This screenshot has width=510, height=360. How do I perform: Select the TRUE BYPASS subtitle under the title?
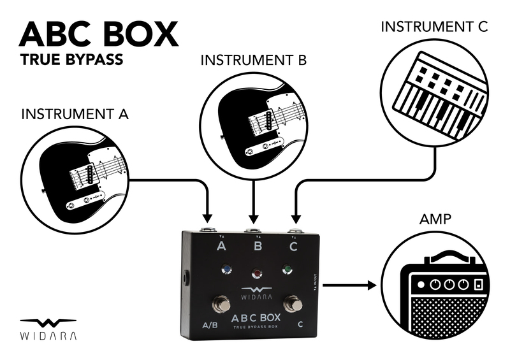[71, 61]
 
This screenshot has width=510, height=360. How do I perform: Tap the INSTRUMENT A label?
[75, 115]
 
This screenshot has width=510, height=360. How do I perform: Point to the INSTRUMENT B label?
[254, 61]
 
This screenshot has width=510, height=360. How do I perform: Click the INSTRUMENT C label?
[433, 27]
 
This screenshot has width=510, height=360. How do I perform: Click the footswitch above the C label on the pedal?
[293, 303]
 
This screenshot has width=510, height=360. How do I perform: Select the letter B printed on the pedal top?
[258, 245]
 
